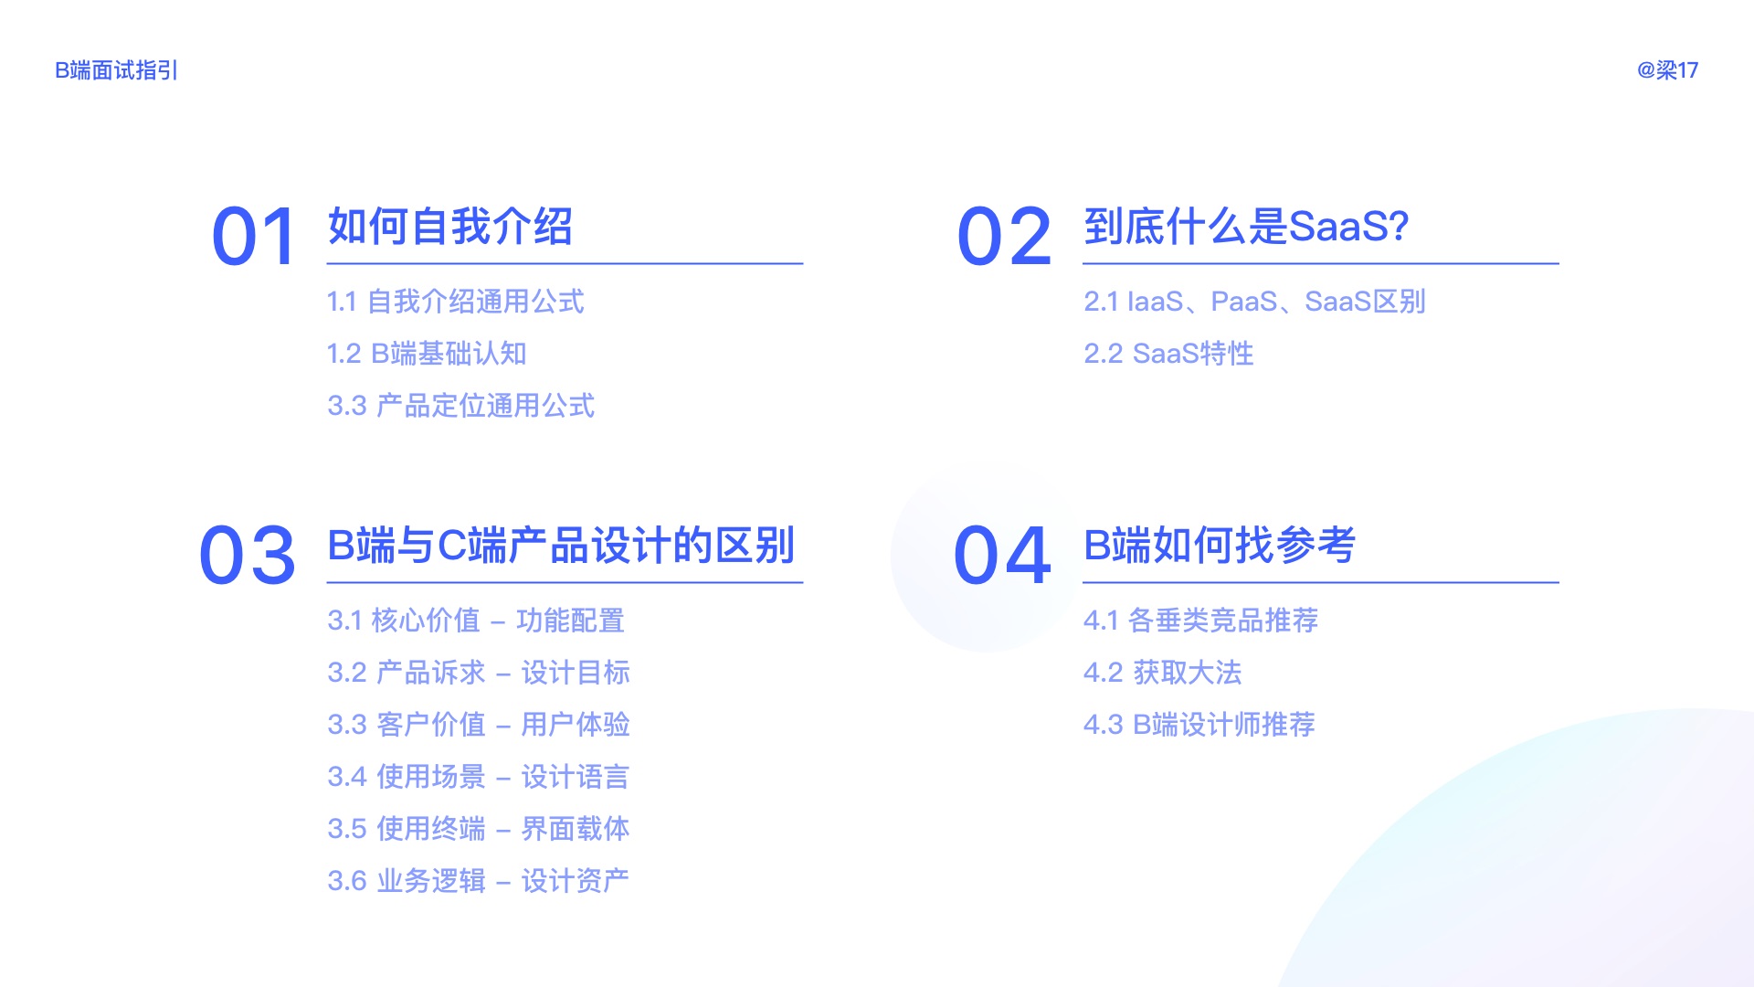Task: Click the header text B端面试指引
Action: [x=116, y=70]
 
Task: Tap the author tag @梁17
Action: [x=1667, y=70]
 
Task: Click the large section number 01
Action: [x=254, y=237]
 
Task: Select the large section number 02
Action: [x=1004, y=237]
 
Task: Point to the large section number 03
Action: [x=248, y=556]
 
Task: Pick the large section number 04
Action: [x=1002, y=556]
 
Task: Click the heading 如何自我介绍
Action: [x=450, y=227]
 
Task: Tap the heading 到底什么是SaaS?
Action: [x=1246, y=227]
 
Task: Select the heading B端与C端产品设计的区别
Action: [x=561, y=546]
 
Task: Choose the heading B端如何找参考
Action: [x=1219, y=546]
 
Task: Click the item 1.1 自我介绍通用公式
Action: [x=455, y=302]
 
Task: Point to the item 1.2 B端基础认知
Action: [x=427, y=354]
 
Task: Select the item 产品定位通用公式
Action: [x=460, y=406]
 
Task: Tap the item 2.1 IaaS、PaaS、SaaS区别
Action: [x=1254, y=302]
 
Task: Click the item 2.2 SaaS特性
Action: [x=1168, y=354]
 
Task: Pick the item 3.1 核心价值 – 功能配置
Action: [x=476, y=621]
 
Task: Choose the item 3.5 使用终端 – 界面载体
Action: [x=479, y=829]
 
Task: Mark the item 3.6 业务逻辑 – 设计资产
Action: [x=479, y=881]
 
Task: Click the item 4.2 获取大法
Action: [x=1162, y=673]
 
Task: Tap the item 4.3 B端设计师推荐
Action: [x=1199, y=725]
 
